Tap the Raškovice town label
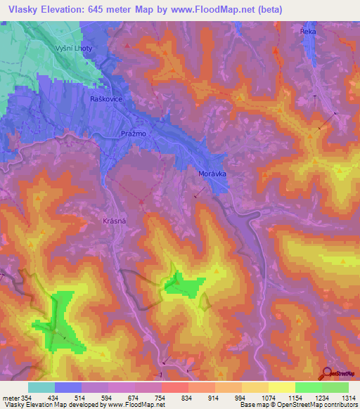[107, 99]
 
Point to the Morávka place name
[211, 173]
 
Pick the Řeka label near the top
[307, 32]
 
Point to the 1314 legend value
[349, 397]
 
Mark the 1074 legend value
[269, 397]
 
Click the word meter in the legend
[10, 397]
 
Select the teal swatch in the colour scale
[41, 387]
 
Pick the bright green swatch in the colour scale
[309, 387]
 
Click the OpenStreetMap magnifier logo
[328, 372]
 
